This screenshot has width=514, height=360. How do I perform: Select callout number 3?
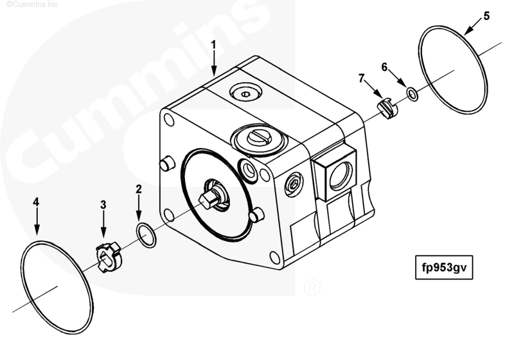pyautogui.click(x=103, y=204)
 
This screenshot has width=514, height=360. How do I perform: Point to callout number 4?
pyautogui.click(x=37, y=202)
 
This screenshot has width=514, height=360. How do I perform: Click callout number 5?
pyautogui.click(x=486, y=16)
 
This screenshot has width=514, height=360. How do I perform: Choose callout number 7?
pyautogui.click(x=361, y=78)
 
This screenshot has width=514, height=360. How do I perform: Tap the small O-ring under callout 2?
pyautogui.click(x=145, y=236)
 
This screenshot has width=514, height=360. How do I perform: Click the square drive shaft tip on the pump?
pyautogui.click(x=207, y=201)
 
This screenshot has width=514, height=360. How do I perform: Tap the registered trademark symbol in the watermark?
pyautogui.click(x=311, y=287)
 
